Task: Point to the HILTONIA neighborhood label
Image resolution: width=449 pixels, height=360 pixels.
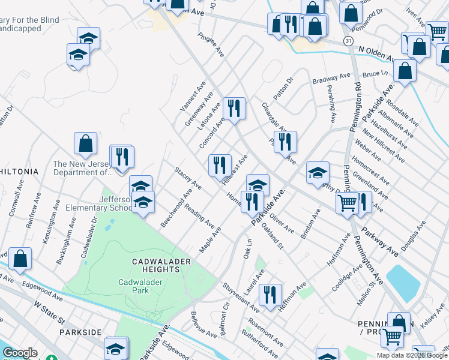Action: pyautogui.click(x=19, y=172)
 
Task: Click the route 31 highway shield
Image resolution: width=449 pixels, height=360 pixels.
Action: pyautogui.click(x=349, y=40)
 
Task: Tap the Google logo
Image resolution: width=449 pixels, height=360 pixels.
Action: pyautogui.click(x=20, y=353)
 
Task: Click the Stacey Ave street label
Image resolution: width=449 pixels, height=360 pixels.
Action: pyautogui.click(x=187, y=179)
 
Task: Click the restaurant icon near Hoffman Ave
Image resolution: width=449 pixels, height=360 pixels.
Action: pyautogui.click(x=270, y=294)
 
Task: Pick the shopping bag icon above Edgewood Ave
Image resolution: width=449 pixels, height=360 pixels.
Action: pyautogui.click(x=20, y=259)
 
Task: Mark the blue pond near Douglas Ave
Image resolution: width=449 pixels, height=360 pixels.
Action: pyautogui.click(x=403, y=283)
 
